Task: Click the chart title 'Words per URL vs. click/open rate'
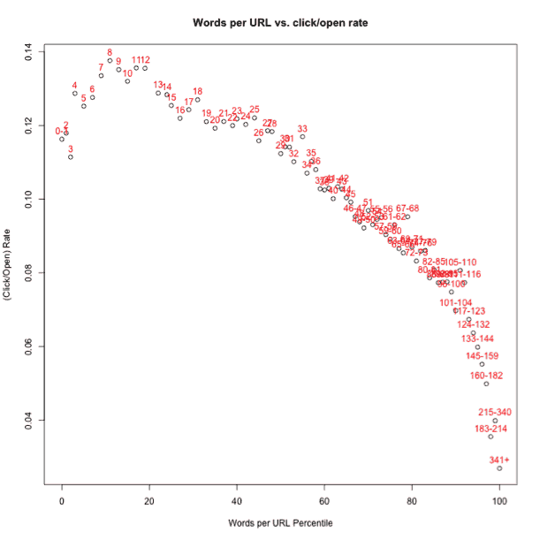(280, 20)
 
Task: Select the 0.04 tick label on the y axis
(30, 419)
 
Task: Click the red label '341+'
(500, 460)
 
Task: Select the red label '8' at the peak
(110, 53)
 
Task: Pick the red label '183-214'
(491, 429)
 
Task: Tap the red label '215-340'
(495, 413)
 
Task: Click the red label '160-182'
(486, 376)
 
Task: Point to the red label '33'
(302, 129)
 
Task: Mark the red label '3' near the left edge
(71, 148)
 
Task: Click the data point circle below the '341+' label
(499, 468)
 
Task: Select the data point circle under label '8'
(110, 61)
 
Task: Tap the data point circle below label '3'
(71, 156)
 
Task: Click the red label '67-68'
(407, 209)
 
